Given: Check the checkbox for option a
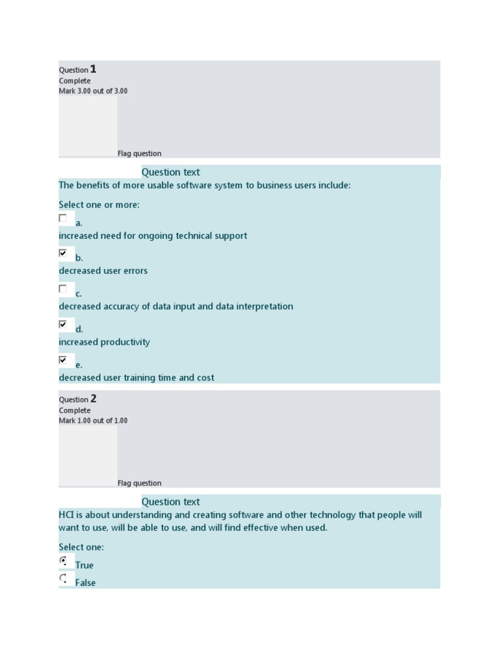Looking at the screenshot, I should (x=63, y=219).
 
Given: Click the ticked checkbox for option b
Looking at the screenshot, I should (x=63, y=253).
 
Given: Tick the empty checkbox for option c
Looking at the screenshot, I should (x=63, y=289).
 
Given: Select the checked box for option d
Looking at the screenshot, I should (x=63, y=324).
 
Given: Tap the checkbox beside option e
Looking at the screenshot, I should (x=63, y=360).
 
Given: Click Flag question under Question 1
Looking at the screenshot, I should (x=139, y=153).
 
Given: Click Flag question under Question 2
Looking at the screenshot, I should (x=139, y=483).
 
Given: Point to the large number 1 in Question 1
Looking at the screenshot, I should (x=94, y=69).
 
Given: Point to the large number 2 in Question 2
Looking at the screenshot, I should (x=94, y=399).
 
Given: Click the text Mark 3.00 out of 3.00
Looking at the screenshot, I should (x=93, y=91).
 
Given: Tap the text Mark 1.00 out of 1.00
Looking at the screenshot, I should (x=93, y=421).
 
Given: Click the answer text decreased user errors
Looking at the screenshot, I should (x=103, y=271).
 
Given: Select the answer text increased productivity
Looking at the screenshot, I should (x=104, y=342).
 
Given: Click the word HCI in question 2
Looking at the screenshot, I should (x=66, y=515).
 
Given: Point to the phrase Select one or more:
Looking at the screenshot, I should (x=99, y=205).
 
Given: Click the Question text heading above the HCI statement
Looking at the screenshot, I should (x=171, y=502).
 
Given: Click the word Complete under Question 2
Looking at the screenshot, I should (x=75, y=410).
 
